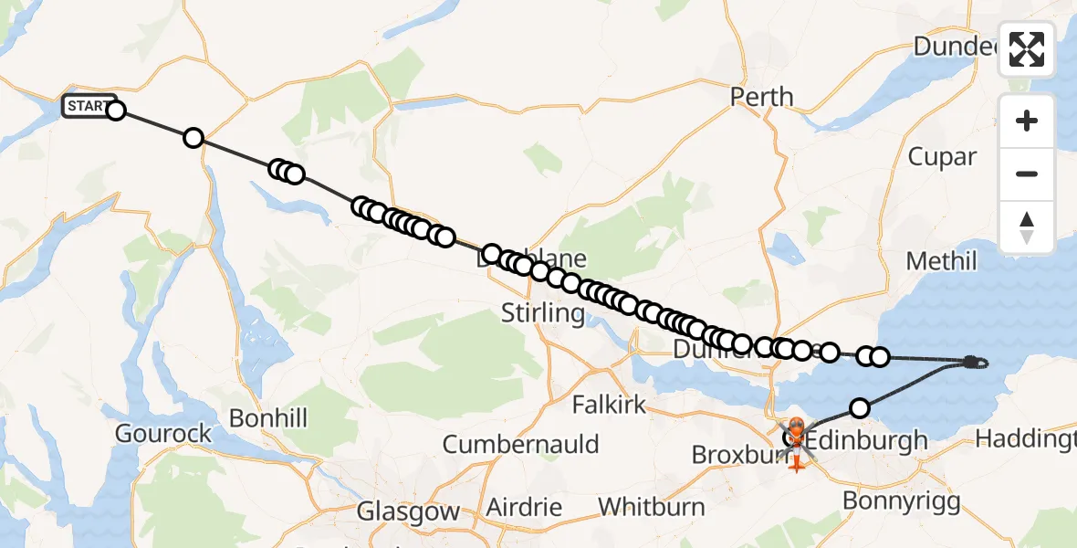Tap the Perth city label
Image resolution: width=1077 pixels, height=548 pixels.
(x=762, y=97)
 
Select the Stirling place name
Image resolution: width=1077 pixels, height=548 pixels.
(x=543, y=314)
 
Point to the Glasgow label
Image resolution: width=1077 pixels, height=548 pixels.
(x=409, y=511)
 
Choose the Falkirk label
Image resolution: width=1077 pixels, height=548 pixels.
(x=609, y=405)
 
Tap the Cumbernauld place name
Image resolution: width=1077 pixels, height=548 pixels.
(x=521, y=445)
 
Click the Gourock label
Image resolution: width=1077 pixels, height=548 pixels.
(x=164, y=433)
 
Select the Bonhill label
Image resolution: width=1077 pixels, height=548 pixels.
(x=268, y=419)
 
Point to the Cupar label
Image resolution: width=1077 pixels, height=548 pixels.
(x=942, y=157)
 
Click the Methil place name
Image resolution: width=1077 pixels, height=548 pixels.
(x=941, y=262)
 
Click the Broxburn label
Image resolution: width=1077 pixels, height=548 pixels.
(x=732, y=454)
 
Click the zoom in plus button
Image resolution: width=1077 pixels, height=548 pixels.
(x=1027, y=121)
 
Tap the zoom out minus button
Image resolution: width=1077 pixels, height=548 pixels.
(x=1027, y=174)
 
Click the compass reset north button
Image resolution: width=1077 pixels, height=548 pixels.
(x=1027, y=227)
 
